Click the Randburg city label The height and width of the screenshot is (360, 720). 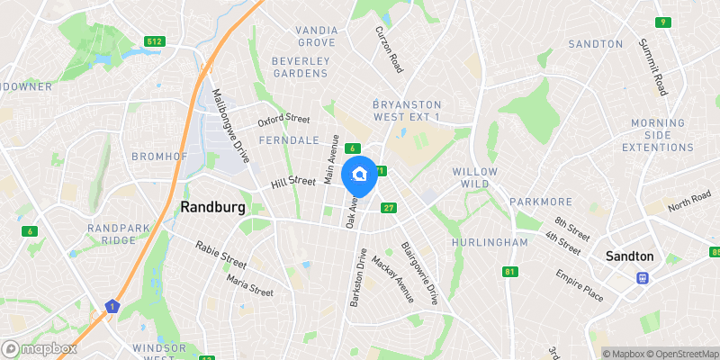pyautogui.click(x=212, y=206)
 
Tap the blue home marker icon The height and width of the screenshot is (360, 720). pyautogui.click(x=361, y=174)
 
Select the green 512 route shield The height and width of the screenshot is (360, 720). pyautogui.click(x=154, y=40)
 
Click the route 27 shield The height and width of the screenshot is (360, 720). pyautogui.click(x=389, y=208)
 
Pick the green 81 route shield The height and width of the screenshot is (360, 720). pyautogui.click(x=511, y=272)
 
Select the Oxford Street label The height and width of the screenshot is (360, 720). pyautogui.click(x=283, y=120)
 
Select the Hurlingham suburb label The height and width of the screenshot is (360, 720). pyautogui.click(x=491, y=243)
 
